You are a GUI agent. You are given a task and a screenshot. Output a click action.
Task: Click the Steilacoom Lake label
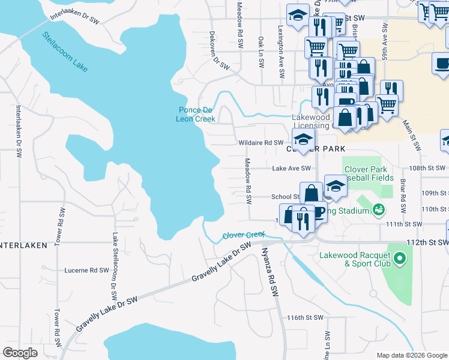(65, 52)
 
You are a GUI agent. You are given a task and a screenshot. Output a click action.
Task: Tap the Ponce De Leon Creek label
(195, 114)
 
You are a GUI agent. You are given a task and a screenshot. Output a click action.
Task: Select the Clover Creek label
(244, 235)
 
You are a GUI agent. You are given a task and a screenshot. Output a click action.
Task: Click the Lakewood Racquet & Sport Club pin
(400, 259)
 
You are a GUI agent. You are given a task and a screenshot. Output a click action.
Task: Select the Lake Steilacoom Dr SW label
(113, 266)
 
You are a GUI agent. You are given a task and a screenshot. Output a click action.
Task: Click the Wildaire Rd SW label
(261, 143)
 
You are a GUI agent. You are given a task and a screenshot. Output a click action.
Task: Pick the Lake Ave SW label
(291, 169)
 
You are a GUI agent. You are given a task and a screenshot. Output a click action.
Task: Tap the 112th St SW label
(427, 242)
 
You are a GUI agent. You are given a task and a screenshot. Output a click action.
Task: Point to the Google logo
(20, 353)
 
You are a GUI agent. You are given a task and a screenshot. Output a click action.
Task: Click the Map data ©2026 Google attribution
(411, 355)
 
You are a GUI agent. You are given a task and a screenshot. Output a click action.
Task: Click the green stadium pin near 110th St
(378, 210)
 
